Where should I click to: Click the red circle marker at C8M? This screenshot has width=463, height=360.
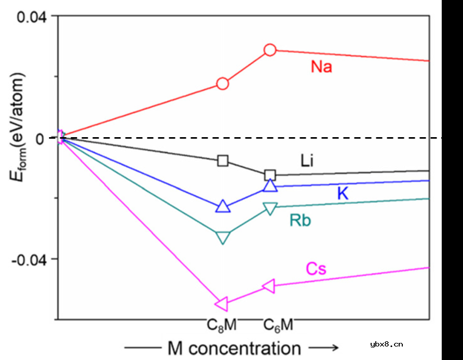pyautogui.click(x=222, y=84)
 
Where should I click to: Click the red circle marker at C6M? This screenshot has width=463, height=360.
pyautogui.click(x=270, y=50)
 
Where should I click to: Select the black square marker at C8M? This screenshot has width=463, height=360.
pyautogui.click(x=223, y=160)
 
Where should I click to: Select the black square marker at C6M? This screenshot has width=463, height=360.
pyautogui.click(x=270, y=175)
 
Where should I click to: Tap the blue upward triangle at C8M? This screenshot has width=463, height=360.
pyautogui.click(x=222, y=206)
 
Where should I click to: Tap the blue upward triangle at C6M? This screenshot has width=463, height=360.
pyautogui.click(x=270, y=185)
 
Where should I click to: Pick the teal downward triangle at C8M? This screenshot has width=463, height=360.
pyautogui.click(x=223, y=237)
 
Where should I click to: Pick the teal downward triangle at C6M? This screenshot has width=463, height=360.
pyautogui.click(x=270, y=208)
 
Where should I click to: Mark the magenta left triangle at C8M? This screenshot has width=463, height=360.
pyautogui.click(x=221, y=303)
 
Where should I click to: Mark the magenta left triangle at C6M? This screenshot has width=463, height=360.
pyautogui.click(x=269, y=286)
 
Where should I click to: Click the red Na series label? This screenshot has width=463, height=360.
pyautogui.click(x=321, y=67)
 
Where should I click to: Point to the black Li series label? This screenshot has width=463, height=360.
pyautogui.click(x=307, y=161)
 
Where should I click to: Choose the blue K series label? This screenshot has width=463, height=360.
pyautogui.click(x=343, y=193)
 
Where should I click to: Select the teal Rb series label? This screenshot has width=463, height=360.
pyautogui.click(x=300, y=221)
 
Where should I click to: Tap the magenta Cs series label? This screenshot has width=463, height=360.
pyautogui.click(x=316, y=269)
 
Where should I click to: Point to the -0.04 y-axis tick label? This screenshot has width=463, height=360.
pyautogui.click(x=29, y=259)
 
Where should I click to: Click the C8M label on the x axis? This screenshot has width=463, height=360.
pyautogui.click(x=222, y=325)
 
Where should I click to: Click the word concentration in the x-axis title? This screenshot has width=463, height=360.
pyautogui.click(x=244, y=348)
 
